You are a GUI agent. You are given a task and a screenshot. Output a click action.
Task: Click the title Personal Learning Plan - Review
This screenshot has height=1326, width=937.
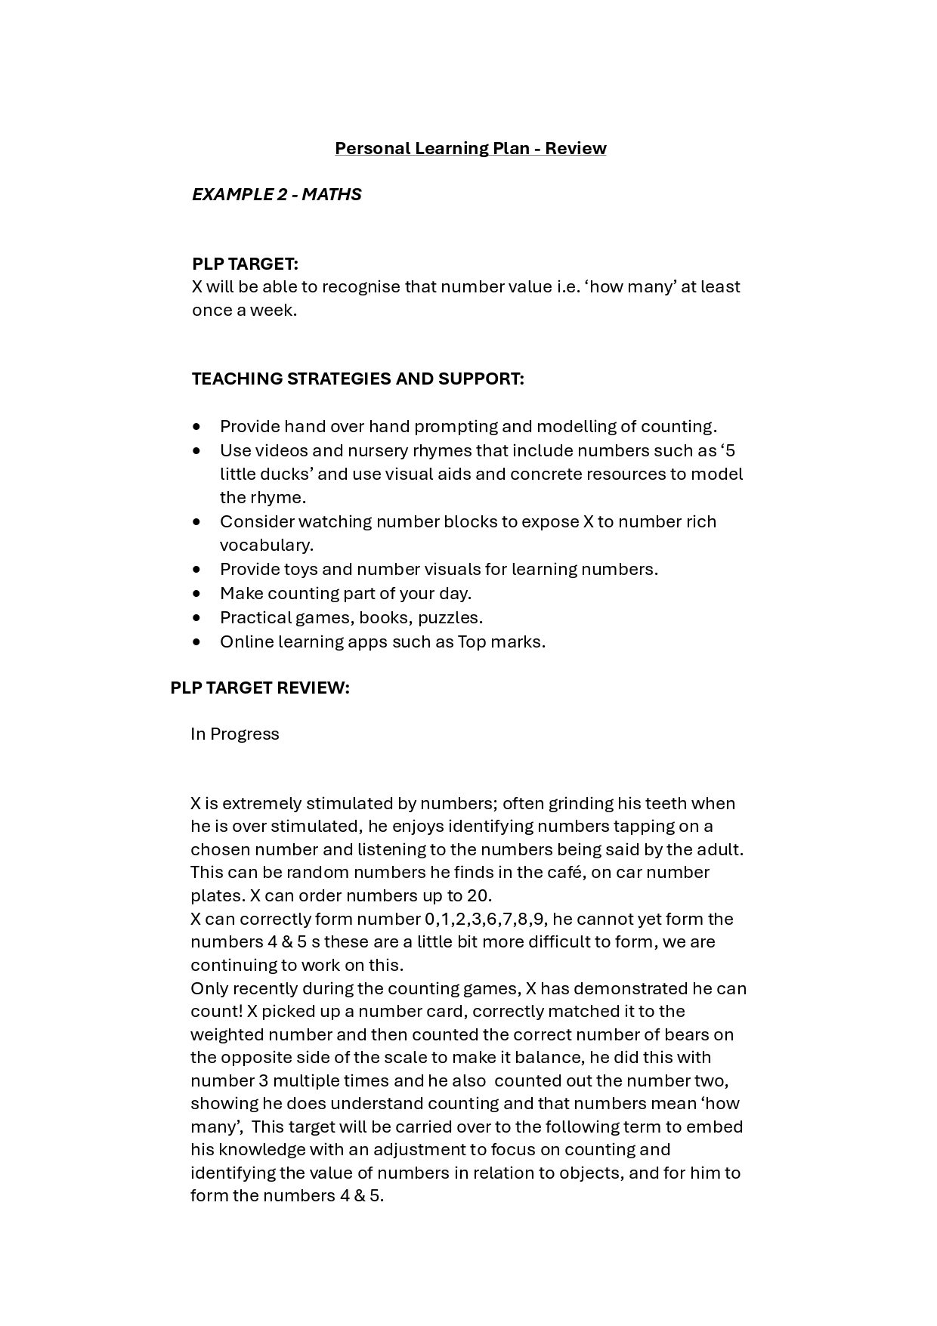(470, 148)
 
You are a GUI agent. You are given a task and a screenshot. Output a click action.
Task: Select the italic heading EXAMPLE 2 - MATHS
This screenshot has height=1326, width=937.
(277, 194)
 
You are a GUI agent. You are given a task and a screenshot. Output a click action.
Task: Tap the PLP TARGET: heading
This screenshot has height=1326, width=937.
(245, 264)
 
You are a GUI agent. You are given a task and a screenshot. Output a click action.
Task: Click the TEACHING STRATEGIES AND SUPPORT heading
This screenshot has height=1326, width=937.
(357, 379)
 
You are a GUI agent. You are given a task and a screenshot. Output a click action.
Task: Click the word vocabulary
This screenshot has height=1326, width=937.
(266, 546)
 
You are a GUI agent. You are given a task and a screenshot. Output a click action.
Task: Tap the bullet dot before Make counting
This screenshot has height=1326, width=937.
(197, 594)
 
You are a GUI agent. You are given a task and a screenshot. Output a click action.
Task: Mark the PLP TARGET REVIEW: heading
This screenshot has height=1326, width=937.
(260, 688)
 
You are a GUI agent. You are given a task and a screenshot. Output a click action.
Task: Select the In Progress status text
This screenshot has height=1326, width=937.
(235, 734)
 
